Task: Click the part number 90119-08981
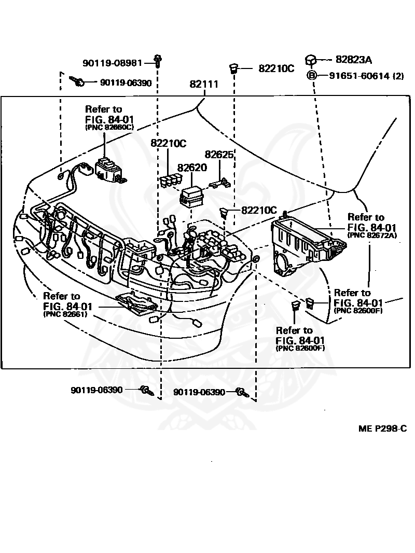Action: [112, 63]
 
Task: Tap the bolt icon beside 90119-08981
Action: [157, 61]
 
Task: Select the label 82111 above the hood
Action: [203, 85]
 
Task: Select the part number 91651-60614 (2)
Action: [366, 76]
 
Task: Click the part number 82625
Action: [219, 154]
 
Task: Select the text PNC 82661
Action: [65, 314]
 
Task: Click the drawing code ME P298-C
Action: [382, 428]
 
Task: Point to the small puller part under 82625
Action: [220, 183]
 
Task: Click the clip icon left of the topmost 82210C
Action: [234, 68]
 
